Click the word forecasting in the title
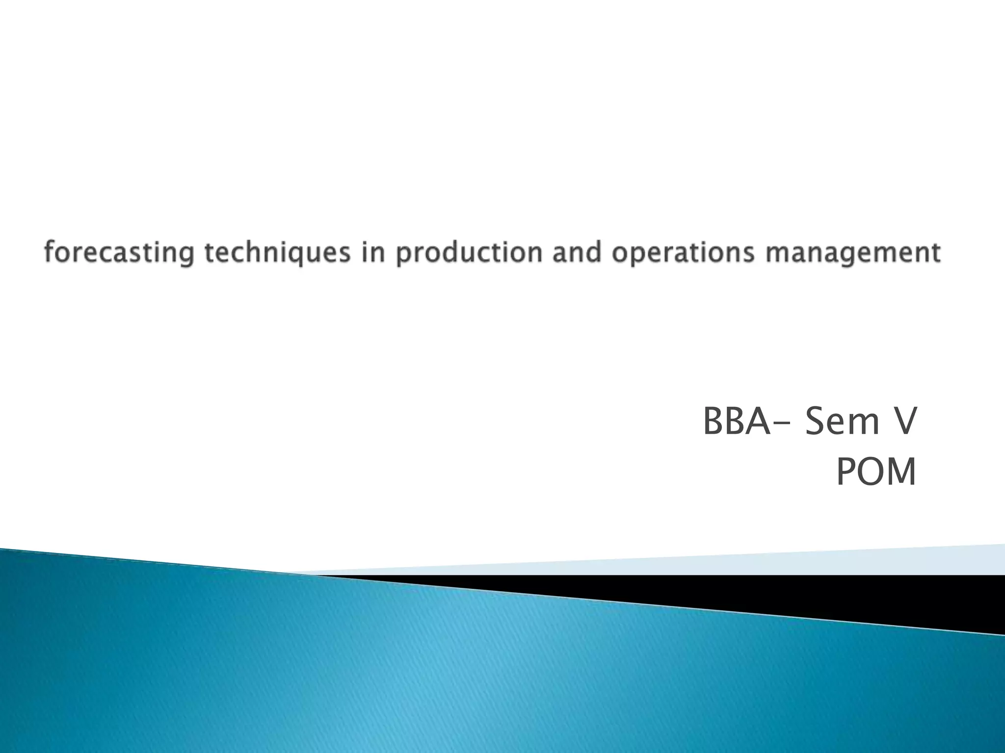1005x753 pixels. (118, 253)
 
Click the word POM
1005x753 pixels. (875, 472)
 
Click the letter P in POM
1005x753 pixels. (845, 472)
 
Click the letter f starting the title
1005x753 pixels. (49, 252)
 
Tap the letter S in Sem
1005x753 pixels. (815, 422)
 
